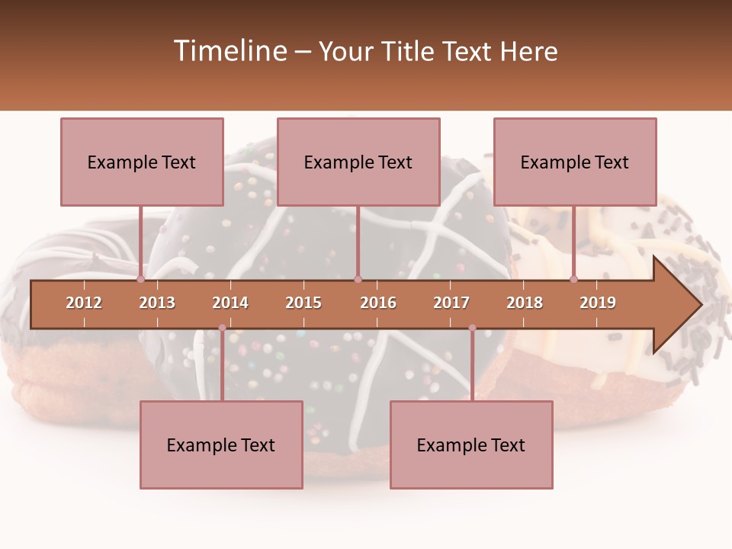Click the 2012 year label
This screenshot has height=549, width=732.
coord(84,303)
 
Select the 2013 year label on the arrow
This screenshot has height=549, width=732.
coord(157,303)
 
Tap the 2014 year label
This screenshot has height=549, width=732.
coord(230,303)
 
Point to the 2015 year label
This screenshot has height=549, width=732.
coord(303,303)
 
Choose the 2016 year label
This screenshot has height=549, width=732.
coord(378,303)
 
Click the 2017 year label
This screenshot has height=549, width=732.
coord(451,303)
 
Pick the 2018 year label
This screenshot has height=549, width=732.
coord(525,303)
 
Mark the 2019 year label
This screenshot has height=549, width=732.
coord(598,303)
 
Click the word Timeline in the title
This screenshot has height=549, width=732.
coord(230,51)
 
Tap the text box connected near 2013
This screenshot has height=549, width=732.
coord(142,162)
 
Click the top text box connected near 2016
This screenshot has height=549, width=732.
coord(358,162)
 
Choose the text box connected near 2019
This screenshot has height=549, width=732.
coord(575,162)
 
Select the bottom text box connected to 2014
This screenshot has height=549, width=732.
coord(221,445)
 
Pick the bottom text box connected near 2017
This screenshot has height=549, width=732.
coord(471,445)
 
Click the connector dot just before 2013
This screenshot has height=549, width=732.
coord(140,279)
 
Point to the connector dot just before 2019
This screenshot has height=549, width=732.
coord(573,279)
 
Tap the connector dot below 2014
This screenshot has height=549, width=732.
coord(222,328)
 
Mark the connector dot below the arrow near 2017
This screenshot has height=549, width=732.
coord(472,328)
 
